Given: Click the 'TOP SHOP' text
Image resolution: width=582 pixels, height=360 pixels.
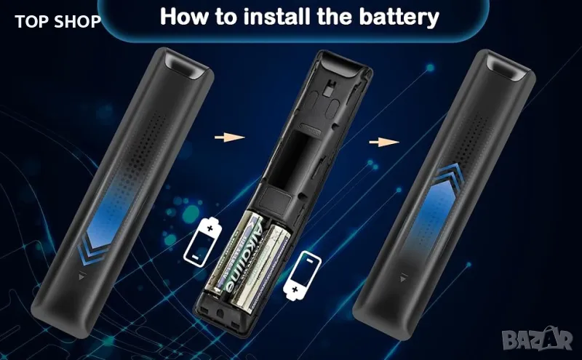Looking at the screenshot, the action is pos(57,22).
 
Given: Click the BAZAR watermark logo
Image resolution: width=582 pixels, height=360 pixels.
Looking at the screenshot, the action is pos(537,338).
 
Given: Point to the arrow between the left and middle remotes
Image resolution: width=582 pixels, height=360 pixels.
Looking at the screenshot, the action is pos(229,137).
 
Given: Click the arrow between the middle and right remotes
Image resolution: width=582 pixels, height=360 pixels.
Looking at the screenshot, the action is pos(384,142).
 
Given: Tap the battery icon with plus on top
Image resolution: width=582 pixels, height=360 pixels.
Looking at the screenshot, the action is pos(203,241).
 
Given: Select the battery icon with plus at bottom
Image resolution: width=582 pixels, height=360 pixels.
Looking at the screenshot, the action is pos(302,275).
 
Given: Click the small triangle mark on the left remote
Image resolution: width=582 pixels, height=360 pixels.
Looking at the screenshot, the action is pos(82,276).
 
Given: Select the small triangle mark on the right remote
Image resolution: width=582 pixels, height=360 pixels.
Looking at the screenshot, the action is pos(404,278).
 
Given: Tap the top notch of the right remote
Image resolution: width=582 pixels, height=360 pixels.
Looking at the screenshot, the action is pos(508,67).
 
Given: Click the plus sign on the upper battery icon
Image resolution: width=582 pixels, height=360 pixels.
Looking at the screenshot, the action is pos(210,227).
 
